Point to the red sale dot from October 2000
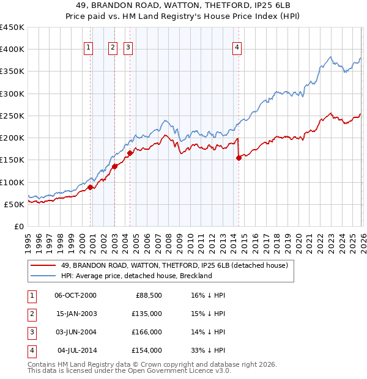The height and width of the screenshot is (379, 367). click(91, 187)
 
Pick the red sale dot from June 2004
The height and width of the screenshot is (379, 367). click(130, 153)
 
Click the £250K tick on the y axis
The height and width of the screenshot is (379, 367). click(12, 116)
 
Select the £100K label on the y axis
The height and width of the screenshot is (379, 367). click(12, 182)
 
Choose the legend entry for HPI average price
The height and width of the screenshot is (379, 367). click(136, 276)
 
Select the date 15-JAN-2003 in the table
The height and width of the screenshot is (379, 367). click(76, 314)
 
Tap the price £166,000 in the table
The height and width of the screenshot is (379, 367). click(146, 332)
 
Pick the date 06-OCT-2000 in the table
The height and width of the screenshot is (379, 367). click(75, 295)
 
